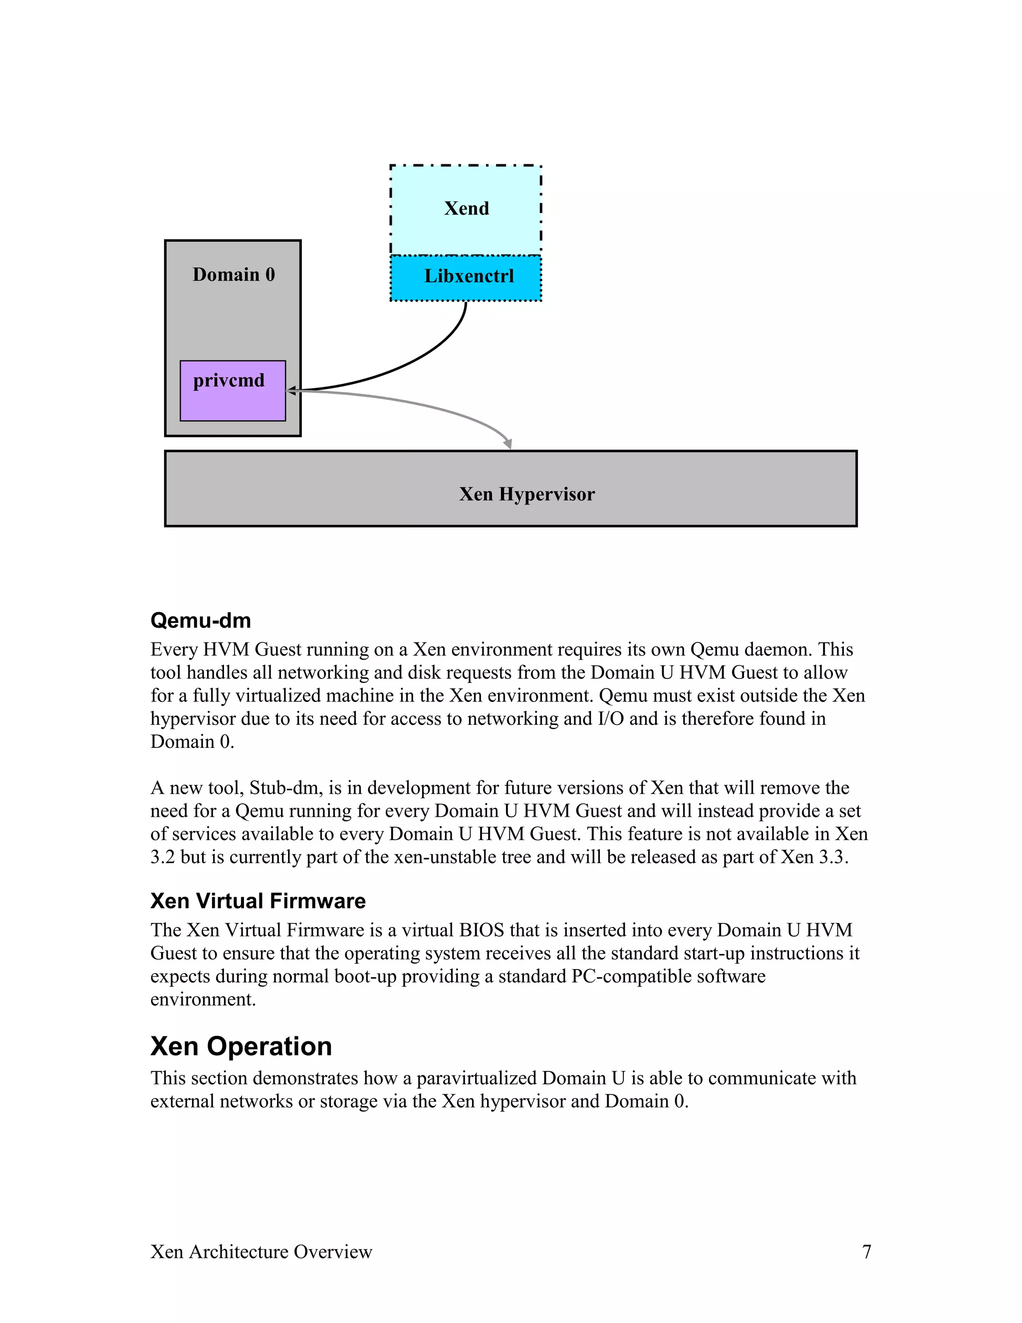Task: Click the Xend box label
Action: (466, 208)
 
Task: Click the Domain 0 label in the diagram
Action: (234, 275)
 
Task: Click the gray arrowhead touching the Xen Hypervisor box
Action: (508, 444)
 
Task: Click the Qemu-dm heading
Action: (201, 620)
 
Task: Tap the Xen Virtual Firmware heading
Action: (258, 901)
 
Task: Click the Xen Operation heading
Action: (241, 1046)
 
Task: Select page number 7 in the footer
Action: (866, 1252)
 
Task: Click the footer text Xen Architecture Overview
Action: (261, 1252)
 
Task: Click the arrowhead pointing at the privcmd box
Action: (291, 391)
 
